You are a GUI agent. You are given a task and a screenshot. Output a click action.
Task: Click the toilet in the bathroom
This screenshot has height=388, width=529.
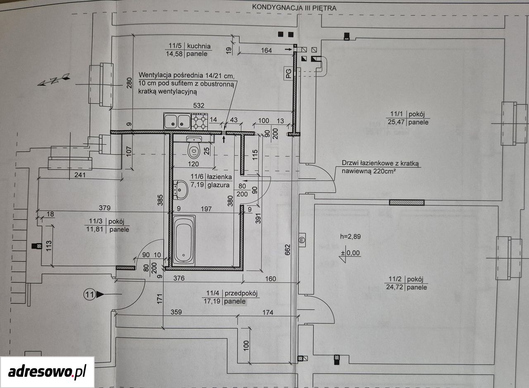[194, 147]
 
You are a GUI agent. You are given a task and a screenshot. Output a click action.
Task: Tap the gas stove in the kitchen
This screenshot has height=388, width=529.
[200, 121]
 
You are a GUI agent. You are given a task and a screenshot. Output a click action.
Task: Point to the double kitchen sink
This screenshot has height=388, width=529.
[177, 121]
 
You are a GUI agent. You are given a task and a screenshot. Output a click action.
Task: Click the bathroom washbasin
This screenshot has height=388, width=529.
[181, 190]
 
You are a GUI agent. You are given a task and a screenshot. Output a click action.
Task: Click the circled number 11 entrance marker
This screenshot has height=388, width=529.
[90, 294]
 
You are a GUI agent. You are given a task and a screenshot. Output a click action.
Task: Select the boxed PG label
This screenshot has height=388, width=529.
[288, 73]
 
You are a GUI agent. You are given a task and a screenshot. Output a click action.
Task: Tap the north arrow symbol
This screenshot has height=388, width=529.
[54, 80]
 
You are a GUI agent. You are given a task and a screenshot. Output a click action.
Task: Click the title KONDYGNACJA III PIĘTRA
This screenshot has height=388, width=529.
[294, 7]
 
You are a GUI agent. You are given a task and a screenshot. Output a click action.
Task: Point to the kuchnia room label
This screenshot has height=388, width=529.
[199, 46]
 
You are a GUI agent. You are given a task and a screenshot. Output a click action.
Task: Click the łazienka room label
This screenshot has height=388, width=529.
[219, 176]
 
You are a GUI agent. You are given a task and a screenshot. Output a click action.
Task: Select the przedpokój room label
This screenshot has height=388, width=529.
[241, 293]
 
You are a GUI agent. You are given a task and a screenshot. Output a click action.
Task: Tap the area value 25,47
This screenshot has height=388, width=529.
[396, 122]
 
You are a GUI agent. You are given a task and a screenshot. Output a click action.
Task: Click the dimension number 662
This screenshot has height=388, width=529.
[287, 250]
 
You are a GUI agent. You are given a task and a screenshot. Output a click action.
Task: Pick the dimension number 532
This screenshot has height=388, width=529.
[199, 105]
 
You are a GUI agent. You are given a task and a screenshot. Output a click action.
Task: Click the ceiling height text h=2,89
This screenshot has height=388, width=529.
[350, 237]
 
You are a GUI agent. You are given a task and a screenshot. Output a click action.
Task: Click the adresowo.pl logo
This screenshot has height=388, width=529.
[47, 372]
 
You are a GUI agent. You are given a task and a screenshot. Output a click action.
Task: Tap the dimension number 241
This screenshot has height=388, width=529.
[80, 175]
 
